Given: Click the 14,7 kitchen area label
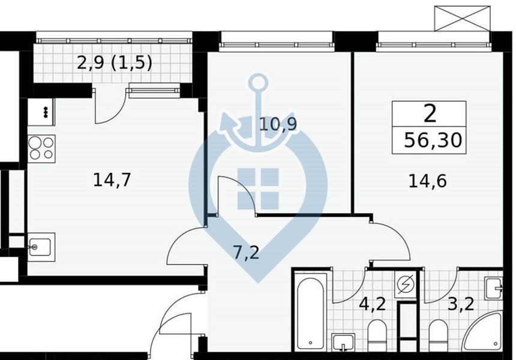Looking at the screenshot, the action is click(112, 181).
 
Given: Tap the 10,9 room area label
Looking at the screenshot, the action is click(278, 124).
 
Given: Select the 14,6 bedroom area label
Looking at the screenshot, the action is click(427, 181).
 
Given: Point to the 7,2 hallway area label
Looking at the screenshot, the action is click(247, 253).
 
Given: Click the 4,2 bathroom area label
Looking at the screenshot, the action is click(372, 304).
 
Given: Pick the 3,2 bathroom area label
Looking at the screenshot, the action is click(461, 304).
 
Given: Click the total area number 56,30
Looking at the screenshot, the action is click(433, 140).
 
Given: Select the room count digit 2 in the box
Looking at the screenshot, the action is click(430, 113).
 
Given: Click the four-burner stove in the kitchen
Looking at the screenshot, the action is click(41, 149).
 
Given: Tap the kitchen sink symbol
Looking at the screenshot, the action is click(41, 247).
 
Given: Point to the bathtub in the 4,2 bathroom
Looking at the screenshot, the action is click(310, 314).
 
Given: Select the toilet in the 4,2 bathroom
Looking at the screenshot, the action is click(377, 335).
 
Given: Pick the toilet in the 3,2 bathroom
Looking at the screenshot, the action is click(439, 335).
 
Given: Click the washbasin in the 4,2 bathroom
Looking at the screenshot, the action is click(343, 342).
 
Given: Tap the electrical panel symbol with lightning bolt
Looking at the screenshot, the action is click(405, 285).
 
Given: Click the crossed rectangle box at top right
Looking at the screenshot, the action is click(463, 19).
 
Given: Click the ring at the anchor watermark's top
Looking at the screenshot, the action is click(259, 82).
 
